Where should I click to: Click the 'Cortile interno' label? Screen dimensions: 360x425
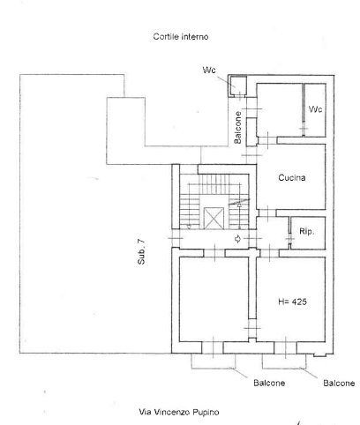pos(181,36)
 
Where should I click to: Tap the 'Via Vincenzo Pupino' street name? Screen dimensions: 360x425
pos(179,412)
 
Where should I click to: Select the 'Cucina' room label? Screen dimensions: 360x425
pos(292,177)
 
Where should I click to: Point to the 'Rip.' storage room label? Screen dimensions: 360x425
pos(307,232)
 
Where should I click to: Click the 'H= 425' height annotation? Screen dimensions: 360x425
pos(292,302)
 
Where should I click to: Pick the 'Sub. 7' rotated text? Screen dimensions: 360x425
pos(141,252)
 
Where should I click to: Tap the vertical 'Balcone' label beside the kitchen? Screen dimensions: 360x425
pos(237,128)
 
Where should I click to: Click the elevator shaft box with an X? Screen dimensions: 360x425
pos(214,218)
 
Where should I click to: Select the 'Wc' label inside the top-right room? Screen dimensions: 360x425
pos(315,109)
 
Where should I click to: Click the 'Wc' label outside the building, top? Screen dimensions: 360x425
pos(209,70)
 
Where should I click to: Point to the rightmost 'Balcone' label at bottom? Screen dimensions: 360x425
pos(339,383)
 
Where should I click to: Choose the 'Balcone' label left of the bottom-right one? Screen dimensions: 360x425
pos(269,383)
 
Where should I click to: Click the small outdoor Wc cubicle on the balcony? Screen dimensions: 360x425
pos(237,86)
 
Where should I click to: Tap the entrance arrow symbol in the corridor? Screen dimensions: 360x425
pos(237,239)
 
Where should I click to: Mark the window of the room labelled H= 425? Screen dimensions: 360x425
pos(285,347)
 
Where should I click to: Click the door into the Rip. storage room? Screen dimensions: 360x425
pos(289,239)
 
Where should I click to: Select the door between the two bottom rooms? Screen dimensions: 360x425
pos(252,328)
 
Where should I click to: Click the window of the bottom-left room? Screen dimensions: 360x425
pos(213,347)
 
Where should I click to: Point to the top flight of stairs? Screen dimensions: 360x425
pos(214,179)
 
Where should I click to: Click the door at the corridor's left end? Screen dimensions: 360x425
pos(176,238)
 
